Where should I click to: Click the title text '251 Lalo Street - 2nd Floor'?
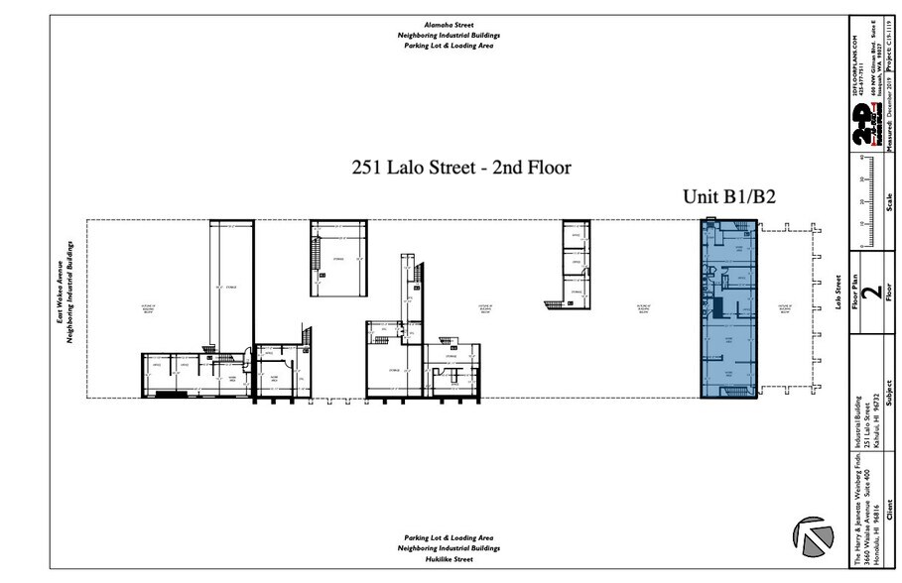(461, 168)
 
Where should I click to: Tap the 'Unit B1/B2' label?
(728, 197)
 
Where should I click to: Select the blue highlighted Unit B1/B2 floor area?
(729, 308)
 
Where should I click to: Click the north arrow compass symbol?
(813, 537)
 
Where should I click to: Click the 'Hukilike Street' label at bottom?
(451, 559)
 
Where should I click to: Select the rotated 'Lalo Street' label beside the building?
(838, 293)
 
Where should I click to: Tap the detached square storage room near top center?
(339, 259)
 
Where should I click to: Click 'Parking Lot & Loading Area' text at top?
(451, 45)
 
